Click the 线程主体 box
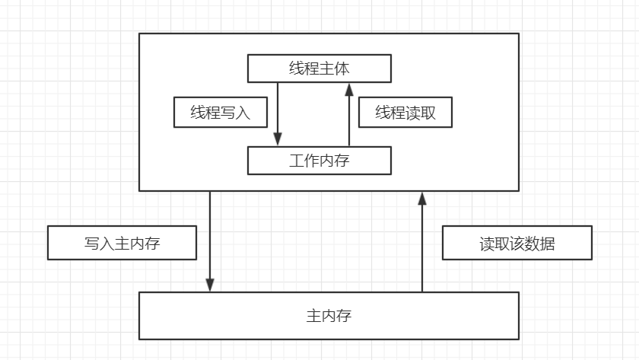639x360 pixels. (319, 68)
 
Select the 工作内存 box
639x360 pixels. (319, 161)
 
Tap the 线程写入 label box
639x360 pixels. (221, 113)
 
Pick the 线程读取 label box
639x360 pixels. (405, 113)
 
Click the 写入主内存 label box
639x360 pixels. (122, 244)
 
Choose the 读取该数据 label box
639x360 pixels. (517, 244)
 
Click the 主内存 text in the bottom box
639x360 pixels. (329, 315)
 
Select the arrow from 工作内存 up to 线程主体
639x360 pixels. (349, 114)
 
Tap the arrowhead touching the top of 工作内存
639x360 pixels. (278, 140)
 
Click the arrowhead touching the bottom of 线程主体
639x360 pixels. (349, 89)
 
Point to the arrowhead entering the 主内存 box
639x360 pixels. (210, 285)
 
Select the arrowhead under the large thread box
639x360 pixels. (422, 199)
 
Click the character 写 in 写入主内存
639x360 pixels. (91, 244)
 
